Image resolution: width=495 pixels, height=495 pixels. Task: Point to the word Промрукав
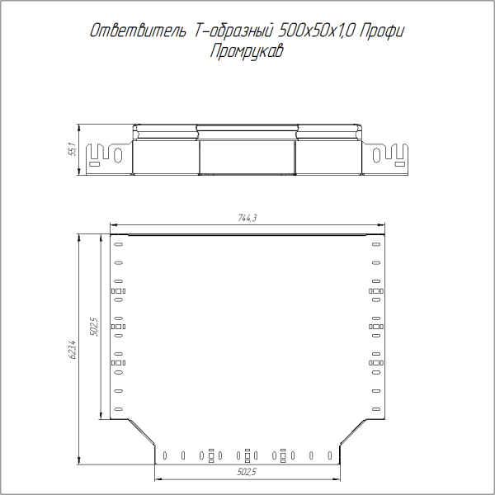(x=247, y=51)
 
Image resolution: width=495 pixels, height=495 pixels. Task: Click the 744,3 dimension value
(x=247, y=219)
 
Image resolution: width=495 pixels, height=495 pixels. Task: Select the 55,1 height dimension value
(x=72, y=150)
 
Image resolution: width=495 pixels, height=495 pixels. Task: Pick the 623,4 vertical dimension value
(x=72, y=350)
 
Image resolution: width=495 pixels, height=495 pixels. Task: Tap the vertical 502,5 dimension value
(x=94, y=327)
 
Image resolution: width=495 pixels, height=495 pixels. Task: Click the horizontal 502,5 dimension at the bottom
(x=247, y=472)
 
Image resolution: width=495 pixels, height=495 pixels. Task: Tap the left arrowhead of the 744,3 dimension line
(x=114, y=224)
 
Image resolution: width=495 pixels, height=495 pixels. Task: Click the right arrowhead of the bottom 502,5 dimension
(x=337, y=478)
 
